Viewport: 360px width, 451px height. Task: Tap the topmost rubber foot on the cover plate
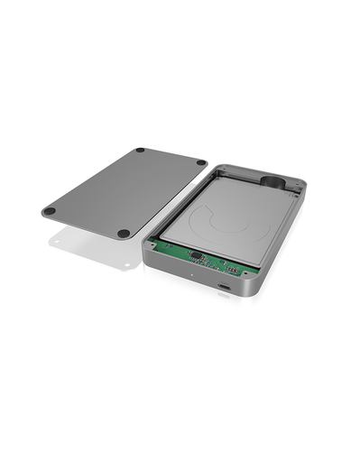click(x=140, y=151)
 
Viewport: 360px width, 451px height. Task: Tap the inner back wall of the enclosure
click(x=244, y=171)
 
